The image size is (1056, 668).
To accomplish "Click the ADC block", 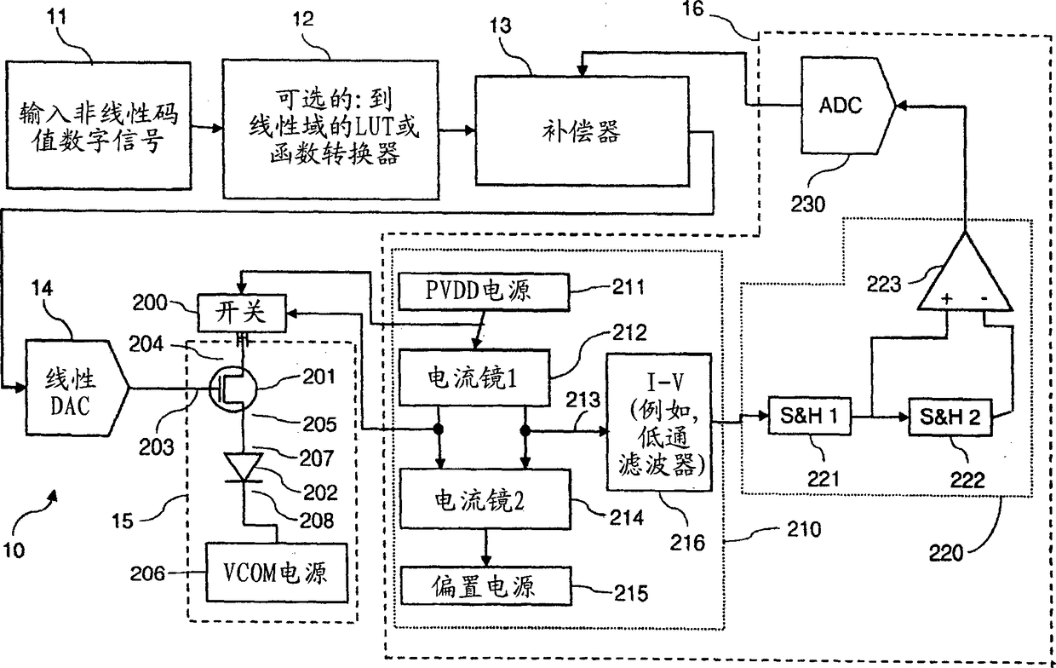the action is pos(847,106).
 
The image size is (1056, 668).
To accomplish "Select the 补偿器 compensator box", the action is pos(583,130).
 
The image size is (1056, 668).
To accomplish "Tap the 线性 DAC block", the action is pos(77,388).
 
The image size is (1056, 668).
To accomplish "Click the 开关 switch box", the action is pos(241,313).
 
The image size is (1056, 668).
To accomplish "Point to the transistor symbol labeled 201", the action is pos(232,389).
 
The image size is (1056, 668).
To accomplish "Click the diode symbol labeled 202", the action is pos(244,468).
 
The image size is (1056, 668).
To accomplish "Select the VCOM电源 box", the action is pos(277,573).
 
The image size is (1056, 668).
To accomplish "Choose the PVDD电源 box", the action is pos(484,291).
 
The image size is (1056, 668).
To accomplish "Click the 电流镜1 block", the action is pos(474,377).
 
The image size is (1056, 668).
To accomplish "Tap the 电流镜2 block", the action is pos(485,499).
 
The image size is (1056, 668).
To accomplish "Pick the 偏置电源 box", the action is pos(485,586).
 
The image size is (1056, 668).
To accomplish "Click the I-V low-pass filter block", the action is pos(659,423).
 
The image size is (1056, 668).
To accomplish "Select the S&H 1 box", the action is pos(809,416).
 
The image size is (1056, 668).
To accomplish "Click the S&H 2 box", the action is pos(950,417).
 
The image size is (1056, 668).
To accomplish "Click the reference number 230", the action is pos(808,204).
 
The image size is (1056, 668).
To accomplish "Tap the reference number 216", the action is pos(687,543).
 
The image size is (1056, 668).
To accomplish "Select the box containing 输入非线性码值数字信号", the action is pos(99,125).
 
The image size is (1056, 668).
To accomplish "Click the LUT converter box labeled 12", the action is pos(330,129).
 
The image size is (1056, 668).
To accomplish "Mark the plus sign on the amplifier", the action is pos(947,298).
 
